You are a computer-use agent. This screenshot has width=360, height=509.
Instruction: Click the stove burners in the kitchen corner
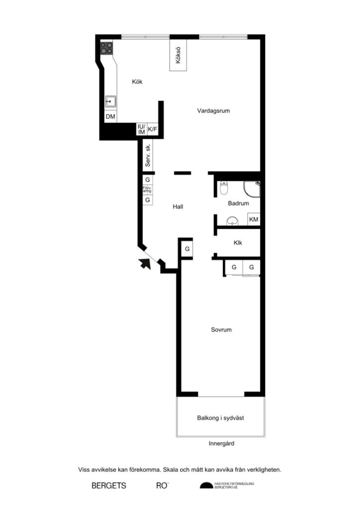click(106, 48)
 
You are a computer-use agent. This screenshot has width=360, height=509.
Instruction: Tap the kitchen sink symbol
click(110, 102)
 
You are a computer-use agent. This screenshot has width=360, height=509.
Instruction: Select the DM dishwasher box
click(110, 117)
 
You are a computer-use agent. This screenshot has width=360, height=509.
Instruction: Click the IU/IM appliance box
click(141, 129)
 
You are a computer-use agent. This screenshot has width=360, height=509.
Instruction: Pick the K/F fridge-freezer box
click(152, 130)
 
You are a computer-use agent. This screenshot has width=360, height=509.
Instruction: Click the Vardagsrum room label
click(213, 111)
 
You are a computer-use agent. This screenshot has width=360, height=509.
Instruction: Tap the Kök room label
click(137, 82)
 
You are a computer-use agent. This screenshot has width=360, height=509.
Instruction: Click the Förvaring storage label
click(147, 189)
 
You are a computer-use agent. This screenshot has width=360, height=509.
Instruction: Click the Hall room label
click(178, 206)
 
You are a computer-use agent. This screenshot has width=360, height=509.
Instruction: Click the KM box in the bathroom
click(254, 219)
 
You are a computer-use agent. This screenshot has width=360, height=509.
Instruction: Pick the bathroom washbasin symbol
click(232, 221)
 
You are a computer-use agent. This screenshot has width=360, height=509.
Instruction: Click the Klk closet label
click(238, 243)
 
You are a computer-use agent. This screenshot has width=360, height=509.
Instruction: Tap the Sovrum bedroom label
click(221, 330)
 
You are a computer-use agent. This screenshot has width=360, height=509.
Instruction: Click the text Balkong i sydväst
click(220, 418)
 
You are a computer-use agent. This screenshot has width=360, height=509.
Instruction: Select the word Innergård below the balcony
click(221, 443)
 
